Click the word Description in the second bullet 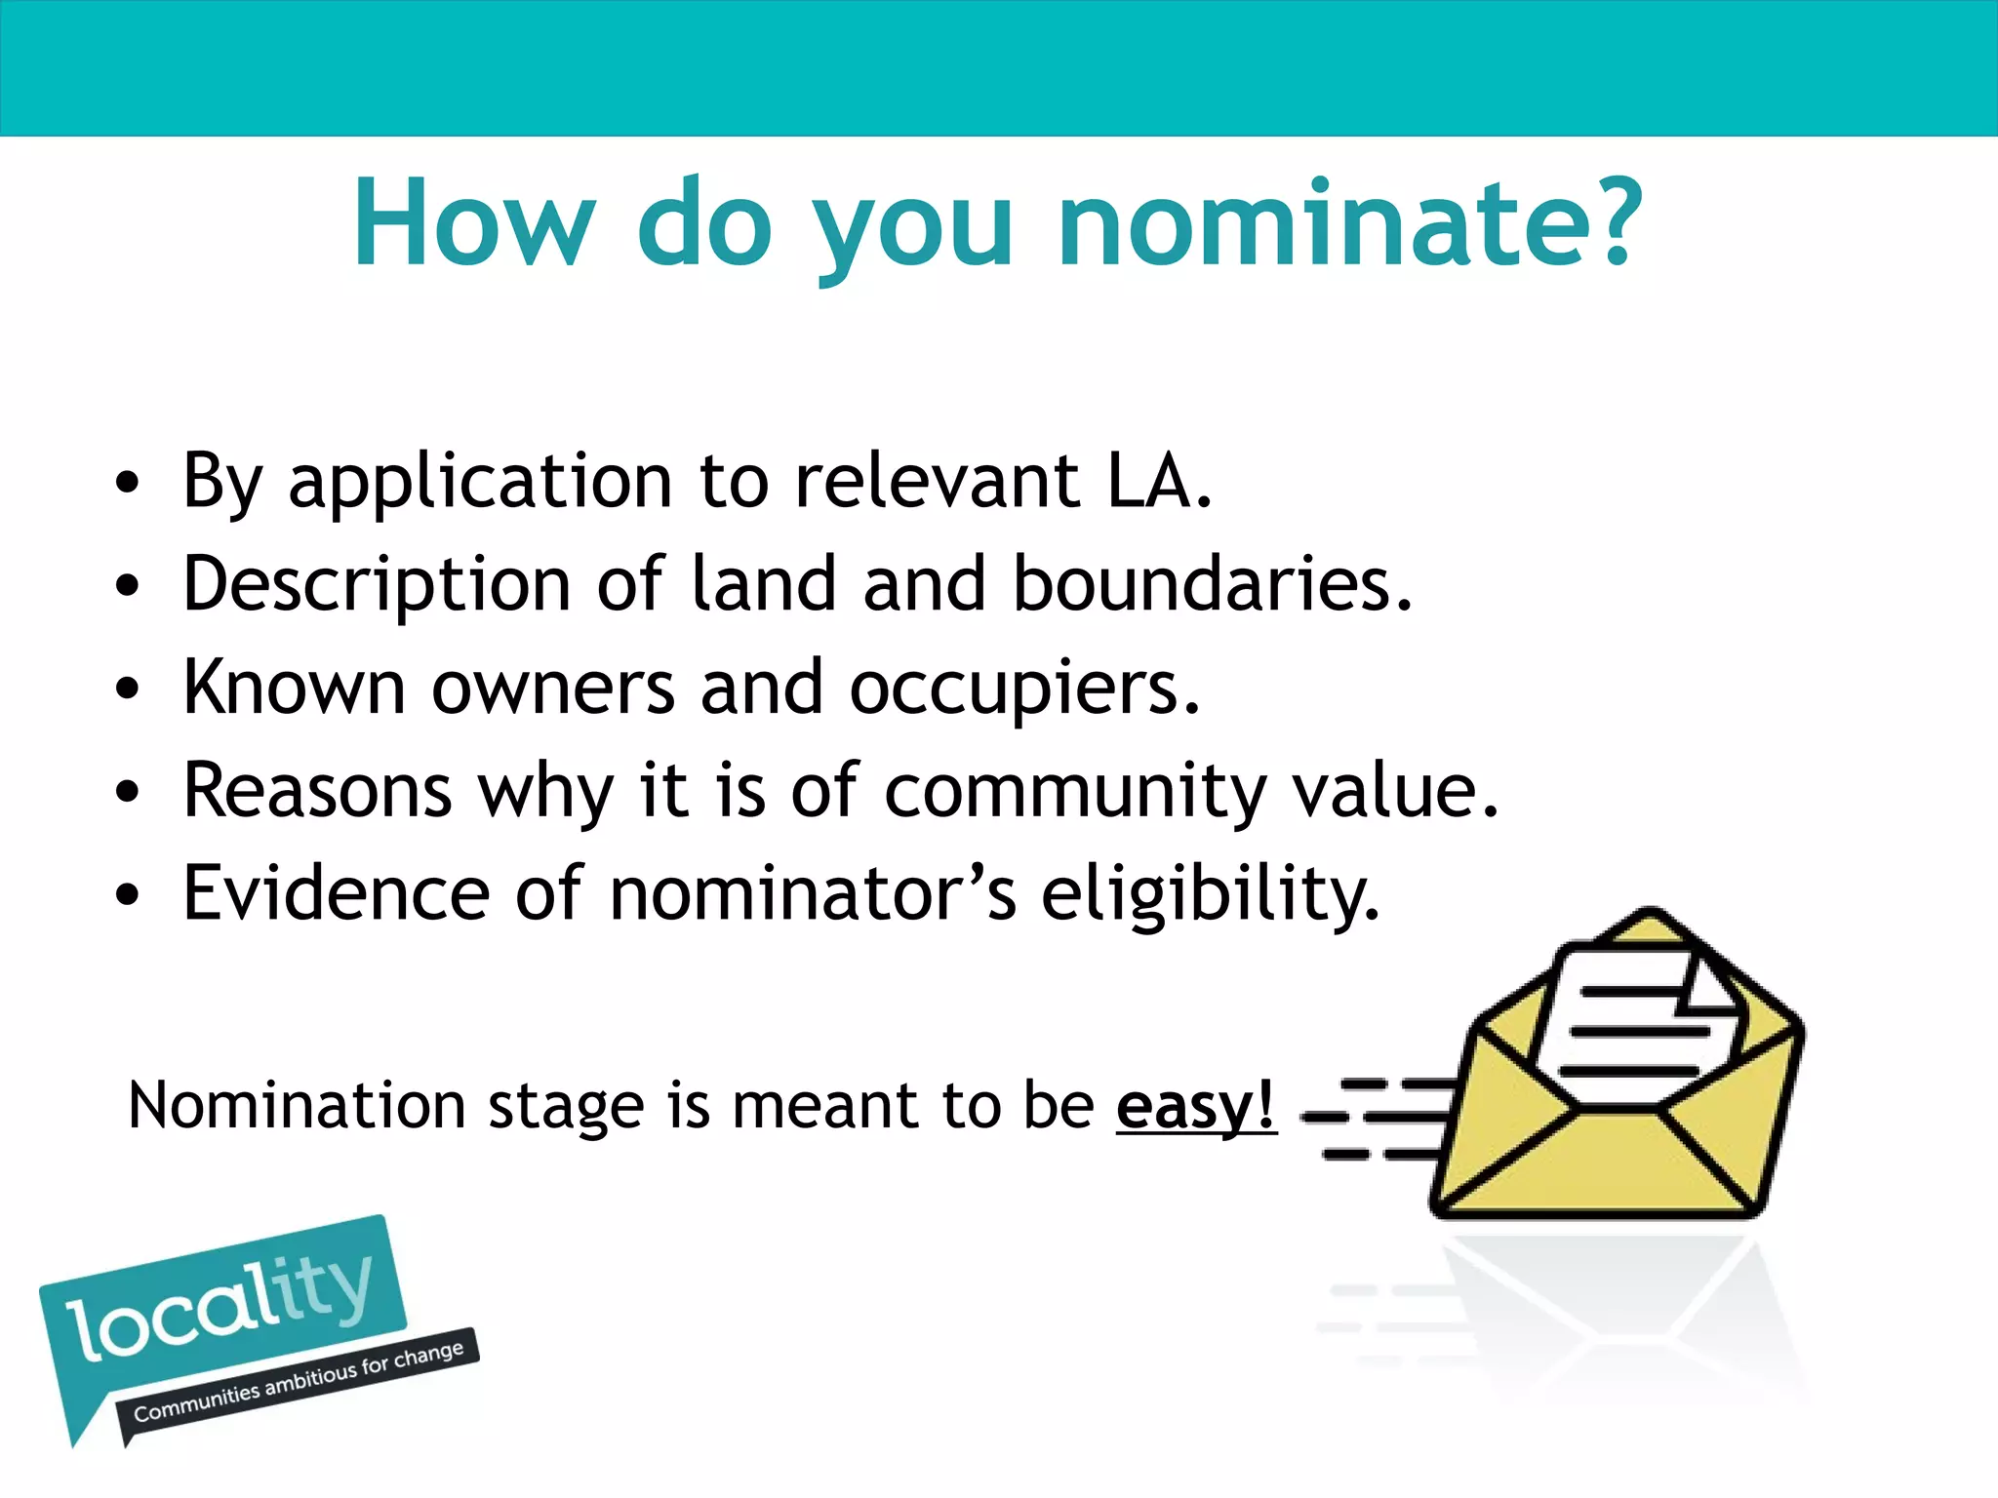click(x=377, y=586)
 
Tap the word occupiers click(x=1024, y=689)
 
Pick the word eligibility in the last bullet click(x=1210, y=895)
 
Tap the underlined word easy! click(x=1196, y=1107)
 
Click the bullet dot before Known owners click(x=127, y=690)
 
